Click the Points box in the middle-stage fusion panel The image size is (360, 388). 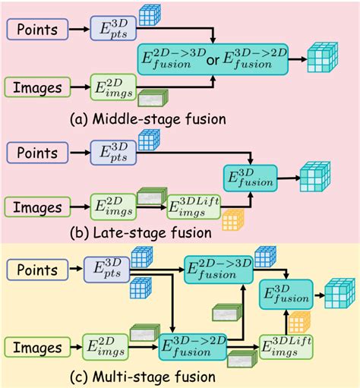tap(37, 31)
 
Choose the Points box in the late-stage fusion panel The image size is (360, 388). tap(37, 152)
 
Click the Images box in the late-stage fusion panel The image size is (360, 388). tap(37, 206)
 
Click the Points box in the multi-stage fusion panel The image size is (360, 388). tap(37, 269)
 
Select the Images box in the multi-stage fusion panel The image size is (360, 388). tap(37, 349)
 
